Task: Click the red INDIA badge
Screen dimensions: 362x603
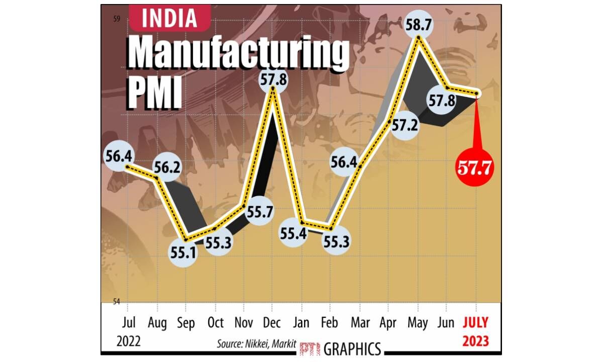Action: (x=169, y=19)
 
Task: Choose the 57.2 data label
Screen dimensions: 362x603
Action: (x=405, y=126)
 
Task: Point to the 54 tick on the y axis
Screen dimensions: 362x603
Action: (x=117, y=302)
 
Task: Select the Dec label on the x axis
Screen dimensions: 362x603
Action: (x=272, y=322)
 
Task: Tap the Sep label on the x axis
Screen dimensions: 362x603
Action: (x=186, y=322)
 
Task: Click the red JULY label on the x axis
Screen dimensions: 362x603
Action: (x=475, y=322)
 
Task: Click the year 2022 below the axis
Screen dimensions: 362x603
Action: (x=129, y=341)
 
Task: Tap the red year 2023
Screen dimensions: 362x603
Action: (x=475, y=341)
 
